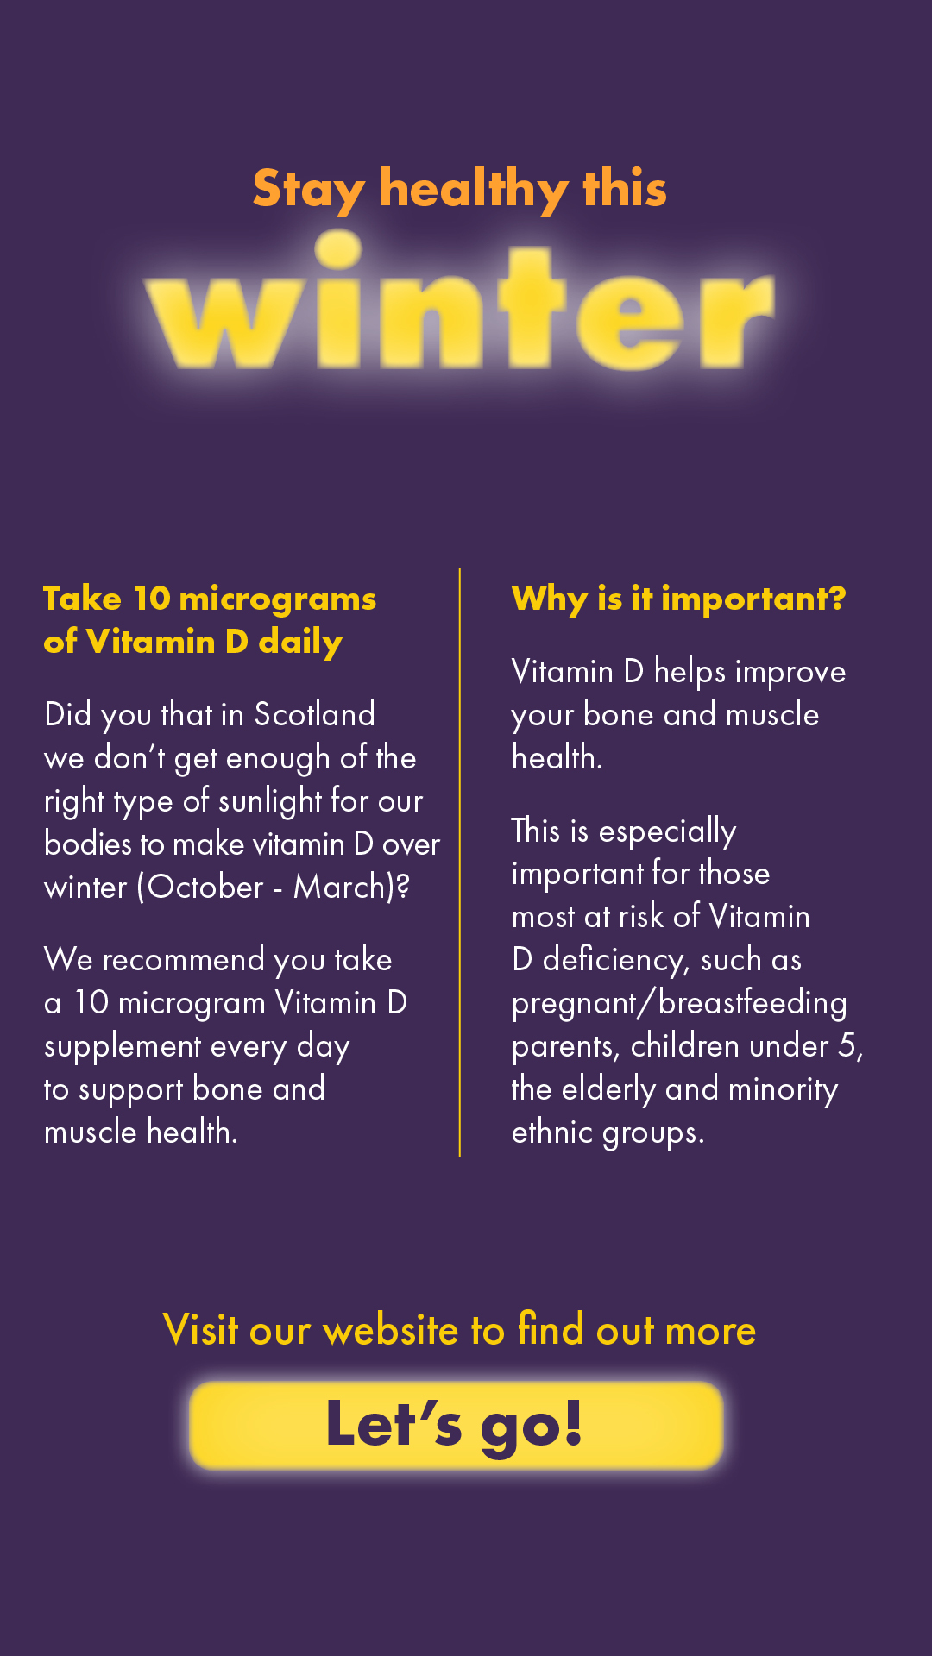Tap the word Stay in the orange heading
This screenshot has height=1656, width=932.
click(309, 189)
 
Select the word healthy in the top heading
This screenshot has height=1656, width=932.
click(474, 189)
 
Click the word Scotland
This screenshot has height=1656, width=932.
click(314, 715)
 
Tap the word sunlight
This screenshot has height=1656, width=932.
click(270, 802)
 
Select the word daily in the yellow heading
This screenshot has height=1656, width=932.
click(300, 643)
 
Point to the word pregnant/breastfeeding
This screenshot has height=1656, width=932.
click(679, 1003)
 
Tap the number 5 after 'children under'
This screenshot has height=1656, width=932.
click(847, 1046)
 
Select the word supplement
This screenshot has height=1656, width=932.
click(123, 1047)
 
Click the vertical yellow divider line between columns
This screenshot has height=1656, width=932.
click(460, 862)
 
